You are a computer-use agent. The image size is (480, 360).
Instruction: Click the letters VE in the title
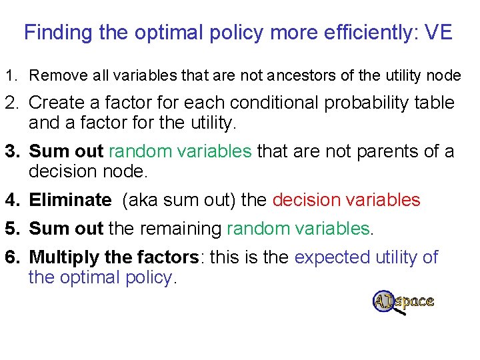tap(437, 32)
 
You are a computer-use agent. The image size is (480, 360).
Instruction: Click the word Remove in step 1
tap(51, 76)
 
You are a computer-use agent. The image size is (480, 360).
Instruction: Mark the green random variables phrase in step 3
tap(180, 151)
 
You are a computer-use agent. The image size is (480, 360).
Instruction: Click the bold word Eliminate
tap(70, 200)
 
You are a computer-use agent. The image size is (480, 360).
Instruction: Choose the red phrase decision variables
tap(347, 200)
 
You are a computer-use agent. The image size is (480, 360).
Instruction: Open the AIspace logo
tap(403, 302)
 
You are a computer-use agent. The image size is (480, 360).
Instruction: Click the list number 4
tap(11, 200)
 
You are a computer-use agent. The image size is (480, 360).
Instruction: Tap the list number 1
tap(11, 76)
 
